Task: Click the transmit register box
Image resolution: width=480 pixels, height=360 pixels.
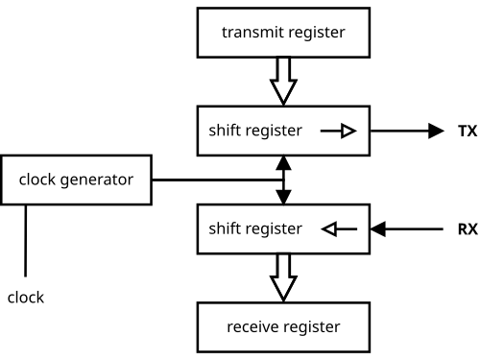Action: (283, 33)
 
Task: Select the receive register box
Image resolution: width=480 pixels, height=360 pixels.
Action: (283, 327)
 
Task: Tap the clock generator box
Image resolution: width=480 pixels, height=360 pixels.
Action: (76, 180)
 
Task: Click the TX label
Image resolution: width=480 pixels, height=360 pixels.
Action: (468, 132)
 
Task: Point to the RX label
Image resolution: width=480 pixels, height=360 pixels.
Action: (468, 229)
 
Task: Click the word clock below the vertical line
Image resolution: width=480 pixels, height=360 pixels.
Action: (26, 298)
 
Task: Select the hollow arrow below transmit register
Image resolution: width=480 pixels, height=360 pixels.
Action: (283, 82)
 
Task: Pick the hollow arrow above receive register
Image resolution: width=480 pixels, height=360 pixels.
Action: (283, 277)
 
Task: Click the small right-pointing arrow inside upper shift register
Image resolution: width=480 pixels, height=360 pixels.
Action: (339, 131)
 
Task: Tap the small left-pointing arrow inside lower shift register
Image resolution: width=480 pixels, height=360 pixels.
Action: (339, 229)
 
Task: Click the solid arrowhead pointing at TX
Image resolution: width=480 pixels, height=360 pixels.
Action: (436, 131)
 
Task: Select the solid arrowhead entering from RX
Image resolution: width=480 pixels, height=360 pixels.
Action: (378, 229)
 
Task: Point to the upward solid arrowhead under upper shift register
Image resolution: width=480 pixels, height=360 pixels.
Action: (283, 163)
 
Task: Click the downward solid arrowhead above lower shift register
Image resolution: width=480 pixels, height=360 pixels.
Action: (283, 197)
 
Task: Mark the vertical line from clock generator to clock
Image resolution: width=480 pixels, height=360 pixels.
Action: (26, 241)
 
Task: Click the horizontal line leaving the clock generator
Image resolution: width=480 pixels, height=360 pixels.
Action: (218, 180)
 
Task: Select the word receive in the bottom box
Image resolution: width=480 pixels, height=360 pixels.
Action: (252, 326)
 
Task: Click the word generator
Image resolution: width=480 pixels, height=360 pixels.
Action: (97, 180)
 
